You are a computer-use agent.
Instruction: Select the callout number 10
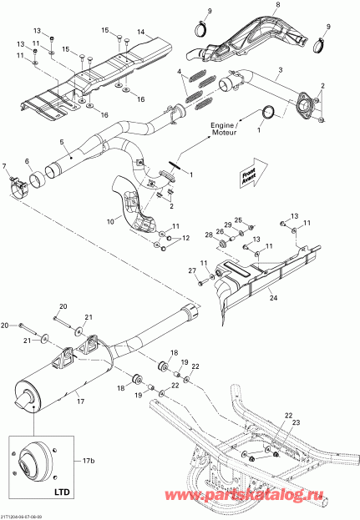coord(110,220)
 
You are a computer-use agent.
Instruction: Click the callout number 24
coord(273,295)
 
